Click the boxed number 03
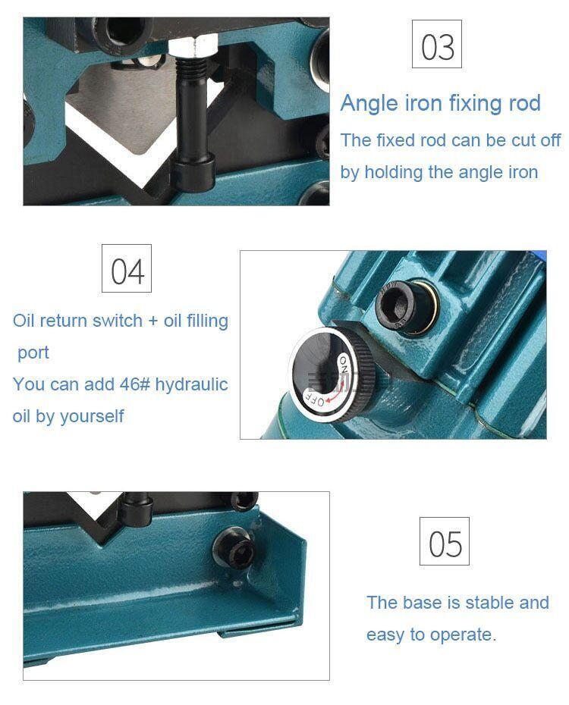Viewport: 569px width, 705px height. tap(437, 46)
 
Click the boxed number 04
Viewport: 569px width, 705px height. tap(127, 271)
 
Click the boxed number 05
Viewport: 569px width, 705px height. tap(445, 543)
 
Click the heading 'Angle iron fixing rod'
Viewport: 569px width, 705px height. tap(440, 103)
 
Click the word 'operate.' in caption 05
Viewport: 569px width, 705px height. tap(464, 634)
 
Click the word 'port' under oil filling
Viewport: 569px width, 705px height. tap(33, 352)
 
